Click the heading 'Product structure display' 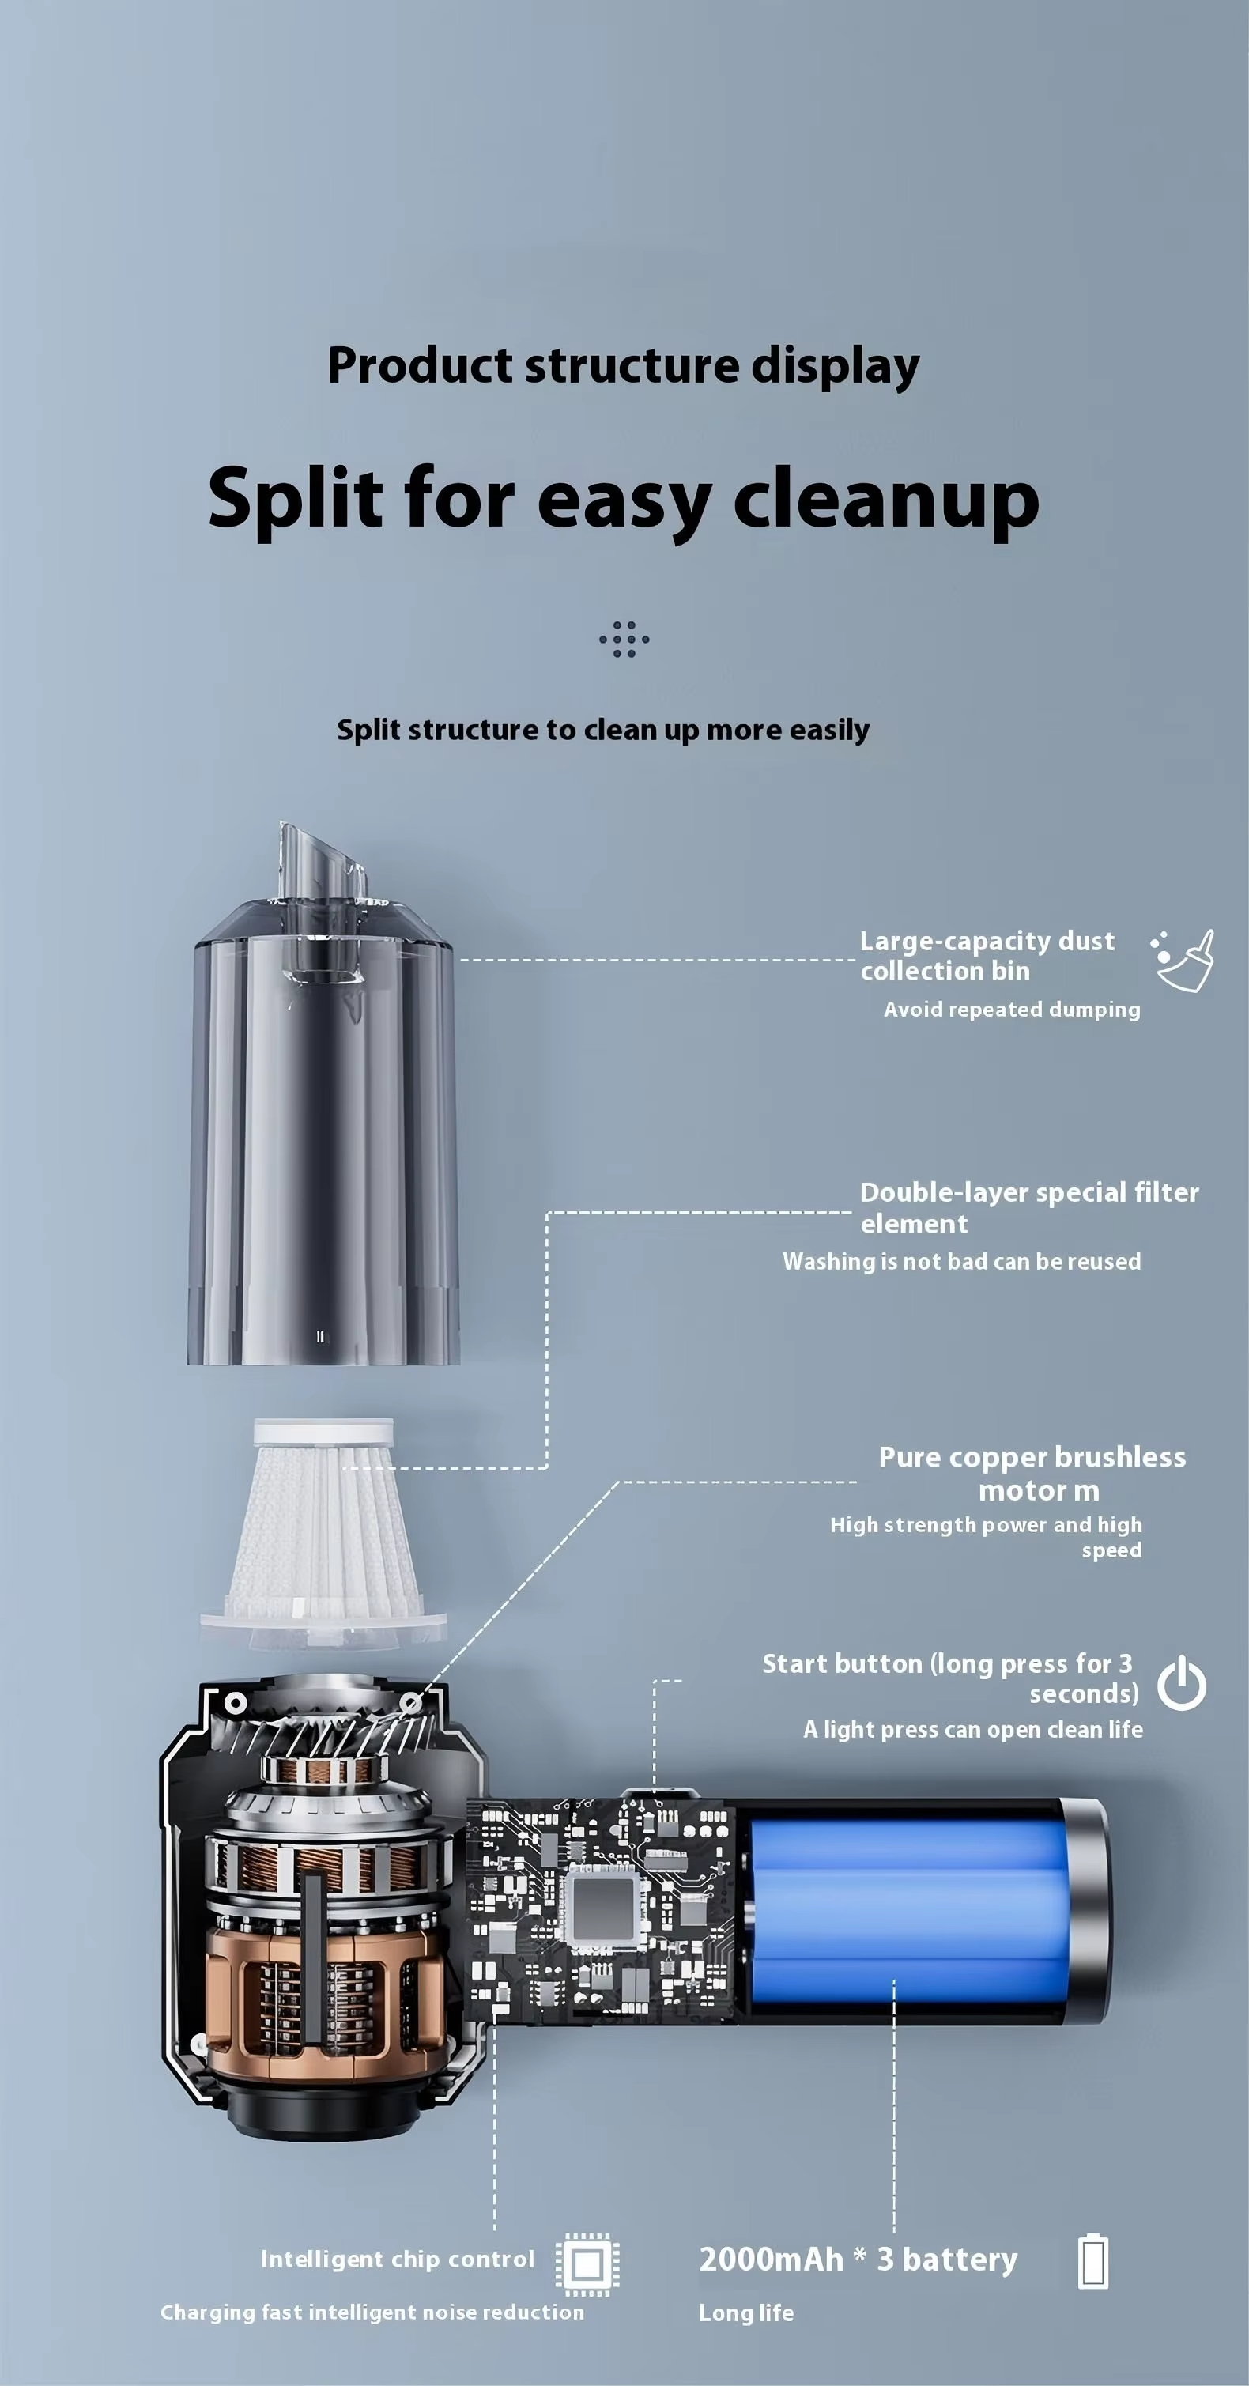click(623, 366)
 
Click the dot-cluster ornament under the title click(624, 639)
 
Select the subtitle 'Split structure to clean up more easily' click(602, 730)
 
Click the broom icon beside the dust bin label click(1183, 961)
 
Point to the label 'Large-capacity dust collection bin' click(987, 956)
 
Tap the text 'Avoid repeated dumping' click(1012, 1010)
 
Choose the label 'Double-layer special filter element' click(1029, 1208)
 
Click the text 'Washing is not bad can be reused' click(962, 1262)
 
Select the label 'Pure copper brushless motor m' click(1032, 1474)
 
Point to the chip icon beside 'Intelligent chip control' click(588, 2265)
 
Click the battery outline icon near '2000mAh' click(1093, 2262)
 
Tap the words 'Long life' click(746, 2312)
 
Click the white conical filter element click(324, 1534)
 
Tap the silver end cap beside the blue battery click(1085, 1909)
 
